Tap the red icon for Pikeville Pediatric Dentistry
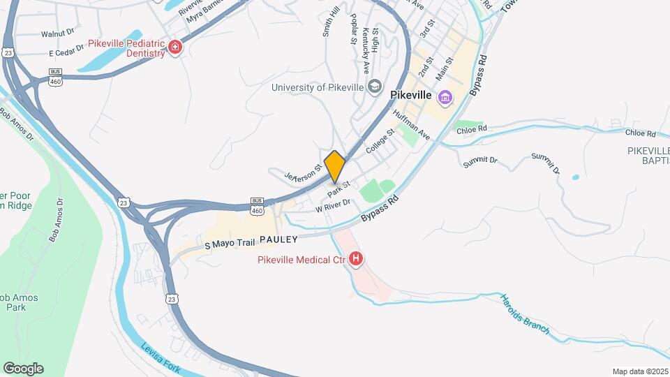(174, 47)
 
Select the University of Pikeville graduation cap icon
(375, 87)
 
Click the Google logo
(23, 369)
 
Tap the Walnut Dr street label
(57, 33)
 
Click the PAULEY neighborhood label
(278, 239)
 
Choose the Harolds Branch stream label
(525, 315)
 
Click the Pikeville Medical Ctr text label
(300, 260)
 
